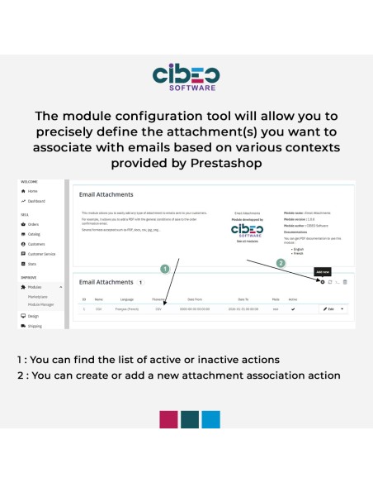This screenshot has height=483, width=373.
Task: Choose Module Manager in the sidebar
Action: tap(42, 305)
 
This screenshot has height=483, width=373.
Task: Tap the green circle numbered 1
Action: tap(164, 269)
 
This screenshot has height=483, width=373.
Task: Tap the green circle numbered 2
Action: tap(280, 264)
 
